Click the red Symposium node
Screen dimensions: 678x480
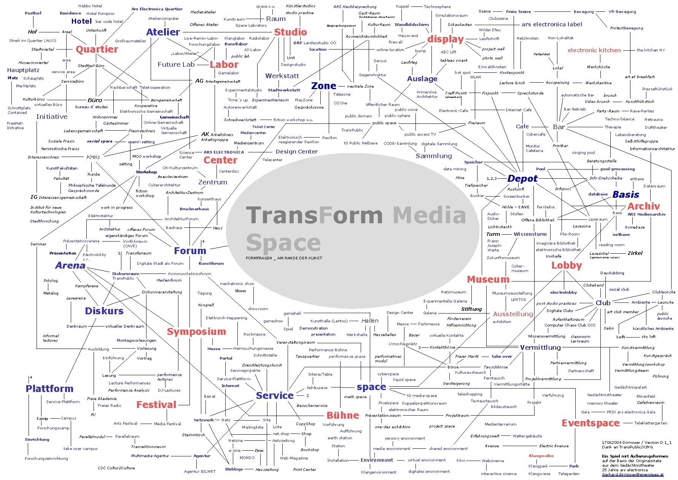tap(196, 331)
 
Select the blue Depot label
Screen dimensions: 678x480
tap(522, 178)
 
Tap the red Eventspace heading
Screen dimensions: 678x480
tap(590, 423)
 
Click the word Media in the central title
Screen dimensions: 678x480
tap(429, 215)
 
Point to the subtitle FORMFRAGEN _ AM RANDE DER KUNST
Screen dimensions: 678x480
tap(284, 258)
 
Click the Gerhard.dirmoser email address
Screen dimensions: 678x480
tap(632, 474)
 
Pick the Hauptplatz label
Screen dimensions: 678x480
tap(23, 70)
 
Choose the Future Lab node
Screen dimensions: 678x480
tap(176, 64)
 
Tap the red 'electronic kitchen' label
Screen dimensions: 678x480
tap(594, 50)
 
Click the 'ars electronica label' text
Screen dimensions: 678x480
tap(552, 24)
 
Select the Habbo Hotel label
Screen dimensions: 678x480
tap(90, 6)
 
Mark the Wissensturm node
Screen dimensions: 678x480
tap(530, 234)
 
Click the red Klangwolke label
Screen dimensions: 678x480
tap(541, 456)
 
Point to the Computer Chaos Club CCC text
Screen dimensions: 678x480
tap(570, 325)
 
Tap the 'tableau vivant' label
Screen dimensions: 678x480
tap(454, 61)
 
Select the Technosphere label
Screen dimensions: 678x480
tap(437, 7)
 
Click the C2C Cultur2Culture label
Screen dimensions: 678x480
tap(116, 468)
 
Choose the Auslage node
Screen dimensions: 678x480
tap(422, 79)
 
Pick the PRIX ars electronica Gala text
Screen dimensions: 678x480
tap(631, 412)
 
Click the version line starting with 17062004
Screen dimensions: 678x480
tap(636, 442)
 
